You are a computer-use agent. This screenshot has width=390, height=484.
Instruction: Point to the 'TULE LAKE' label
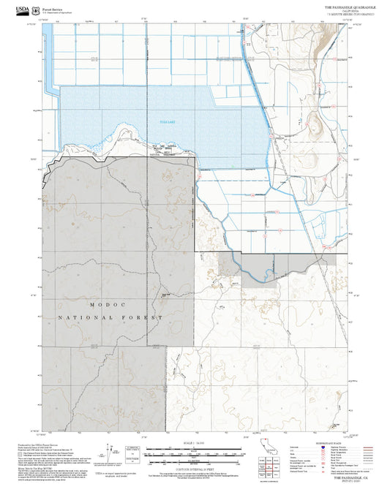[x=169, y=123]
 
